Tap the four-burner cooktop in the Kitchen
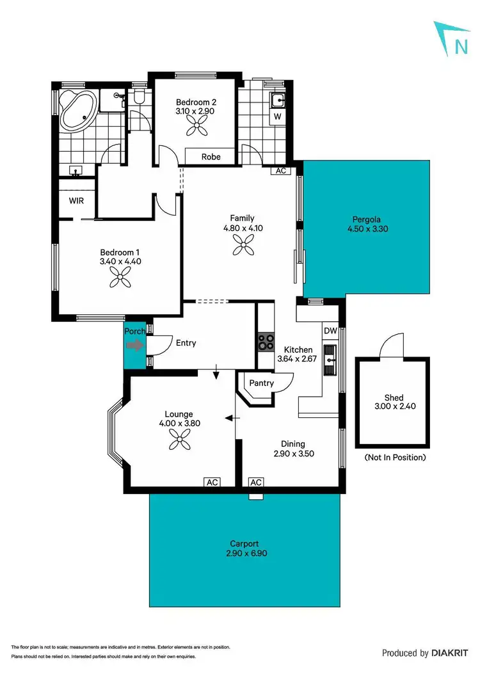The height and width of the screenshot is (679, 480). point(266,342)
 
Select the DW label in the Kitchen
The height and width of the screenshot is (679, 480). point(330,331)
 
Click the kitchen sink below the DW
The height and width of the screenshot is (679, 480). point(330,360)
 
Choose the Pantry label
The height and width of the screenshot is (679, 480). point(261,383)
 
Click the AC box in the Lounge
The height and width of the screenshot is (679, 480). point(212,482)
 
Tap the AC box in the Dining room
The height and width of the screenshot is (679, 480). point(256,482)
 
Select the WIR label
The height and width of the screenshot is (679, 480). point(76,200)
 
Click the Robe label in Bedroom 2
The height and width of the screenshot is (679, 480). point(211,157)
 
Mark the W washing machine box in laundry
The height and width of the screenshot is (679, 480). point(277,117)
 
